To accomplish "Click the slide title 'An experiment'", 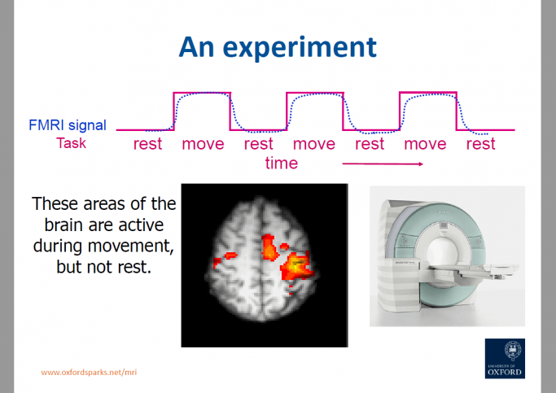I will point(278,46).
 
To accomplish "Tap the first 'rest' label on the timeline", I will point(147,144).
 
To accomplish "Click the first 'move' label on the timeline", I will point(203,144).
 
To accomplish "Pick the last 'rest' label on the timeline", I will point(480,144).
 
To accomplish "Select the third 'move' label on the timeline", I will point(426,144).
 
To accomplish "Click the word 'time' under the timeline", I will point(282,163).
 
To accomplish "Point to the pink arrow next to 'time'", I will point(383,164).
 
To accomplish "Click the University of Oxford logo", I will point(504,358).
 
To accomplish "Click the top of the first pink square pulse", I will point(202,93).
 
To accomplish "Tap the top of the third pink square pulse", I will point(427,93).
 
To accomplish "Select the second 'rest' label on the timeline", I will point(258,144).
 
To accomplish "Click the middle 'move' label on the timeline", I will point(314,144).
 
